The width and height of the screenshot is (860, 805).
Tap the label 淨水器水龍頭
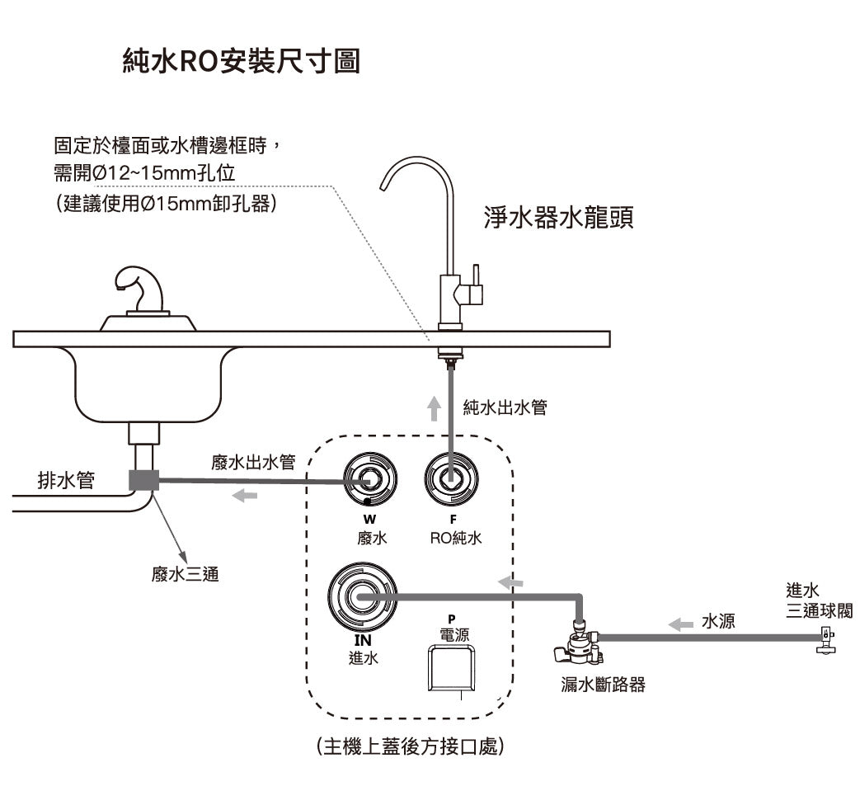pyautogui.click(x=558, y=219)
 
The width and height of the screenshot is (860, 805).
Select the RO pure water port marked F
pyautogui.click(x=451, y=478)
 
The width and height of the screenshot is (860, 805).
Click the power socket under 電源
pyautogui.click(x=449, y=667)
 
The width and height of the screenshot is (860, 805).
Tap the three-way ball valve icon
pyautogui.click(x=823, y=639)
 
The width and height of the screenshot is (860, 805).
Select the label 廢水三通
pyautogui.click(x=185, y=574)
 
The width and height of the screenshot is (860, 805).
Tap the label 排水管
pyautogui.click(x=66, y=479)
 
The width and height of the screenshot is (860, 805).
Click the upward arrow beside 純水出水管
pyautogui.click(x=435, y=407)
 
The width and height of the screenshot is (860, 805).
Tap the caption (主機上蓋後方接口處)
pyautogui.click(x=410, y=746)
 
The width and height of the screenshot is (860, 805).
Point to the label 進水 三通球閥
pyautogui.click(x=817, y=600)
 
